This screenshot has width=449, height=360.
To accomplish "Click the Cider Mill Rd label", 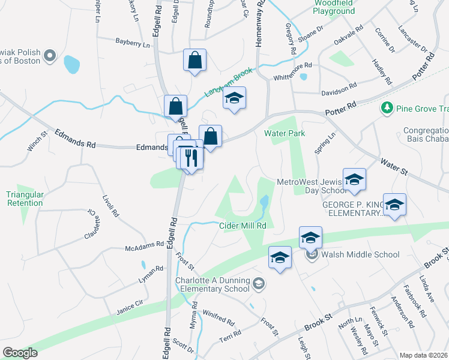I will pos(243,226).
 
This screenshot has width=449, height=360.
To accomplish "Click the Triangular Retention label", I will pos(25,199).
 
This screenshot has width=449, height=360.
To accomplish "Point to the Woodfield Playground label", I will pos(334,7).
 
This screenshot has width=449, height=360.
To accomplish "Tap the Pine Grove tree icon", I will pos(387,108).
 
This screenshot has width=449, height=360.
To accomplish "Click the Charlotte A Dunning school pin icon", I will pos(258,284).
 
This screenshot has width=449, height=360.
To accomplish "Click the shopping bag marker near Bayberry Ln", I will pos(194,60).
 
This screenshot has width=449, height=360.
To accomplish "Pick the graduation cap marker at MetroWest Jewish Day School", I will pos(354,179).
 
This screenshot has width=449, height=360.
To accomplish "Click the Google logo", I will pos(20,353).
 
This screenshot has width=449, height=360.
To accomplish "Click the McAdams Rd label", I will pos(145,246).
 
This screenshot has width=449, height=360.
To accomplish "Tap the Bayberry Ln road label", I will pos(133,43).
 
